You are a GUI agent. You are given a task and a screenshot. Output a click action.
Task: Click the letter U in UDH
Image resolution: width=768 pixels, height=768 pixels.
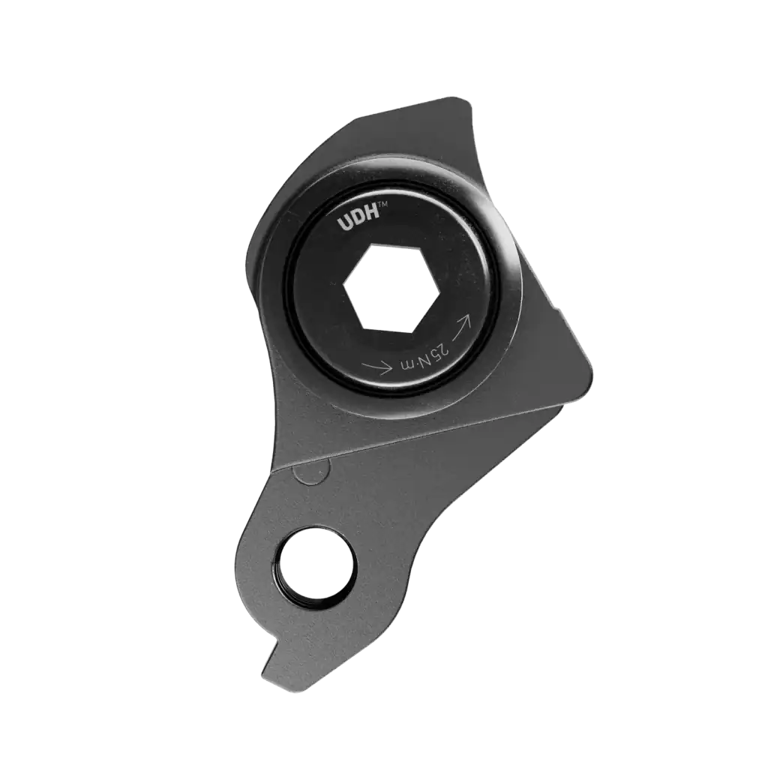[x=343, y=224]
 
